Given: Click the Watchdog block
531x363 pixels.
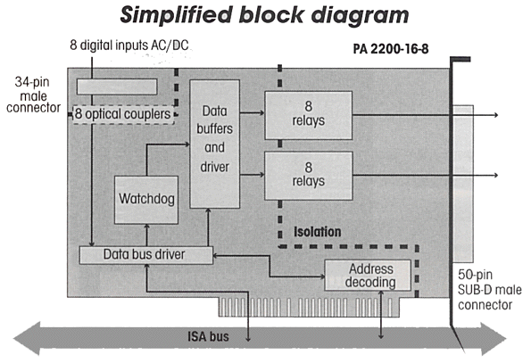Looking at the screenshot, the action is [x=146, y=200].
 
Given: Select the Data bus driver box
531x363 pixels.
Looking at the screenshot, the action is [x=146, y=255].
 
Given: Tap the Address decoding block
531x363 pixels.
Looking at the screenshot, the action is [x=368, y=276].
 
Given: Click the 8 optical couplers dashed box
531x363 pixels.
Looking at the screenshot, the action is [x=124, y=114].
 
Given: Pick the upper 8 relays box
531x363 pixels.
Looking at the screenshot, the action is [x=309, y=115].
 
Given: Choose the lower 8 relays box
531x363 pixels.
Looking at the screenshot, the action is [x=309, y=176].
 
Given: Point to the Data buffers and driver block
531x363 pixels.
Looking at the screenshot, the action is [x=215, y=144].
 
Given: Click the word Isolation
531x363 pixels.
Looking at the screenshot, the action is [x=318, y=232].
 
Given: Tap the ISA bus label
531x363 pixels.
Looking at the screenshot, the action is [x=208, y=336].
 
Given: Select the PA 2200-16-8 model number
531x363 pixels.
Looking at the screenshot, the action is [x=391, y=49].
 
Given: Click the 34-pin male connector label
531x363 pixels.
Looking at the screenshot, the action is [x=33, y=95].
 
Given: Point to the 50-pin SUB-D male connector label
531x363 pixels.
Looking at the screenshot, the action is [x=490, y=290].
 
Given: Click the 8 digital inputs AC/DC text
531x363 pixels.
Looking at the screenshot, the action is [x=129, y=45].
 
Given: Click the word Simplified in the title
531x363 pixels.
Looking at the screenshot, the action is [x=176, y=15].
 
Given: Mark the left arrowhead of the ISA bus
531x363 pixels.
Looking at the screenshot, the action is [x=27, y=338].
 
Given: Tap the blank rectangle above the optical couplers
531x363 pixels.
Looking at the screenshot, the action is [x=117, y=87].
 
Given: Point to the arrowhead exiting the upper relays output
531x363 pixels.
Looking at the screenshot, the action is [x=496, y=115].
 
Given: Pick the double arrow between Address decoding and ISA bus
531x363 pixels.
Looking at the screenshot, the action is [x=381, y=315].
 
